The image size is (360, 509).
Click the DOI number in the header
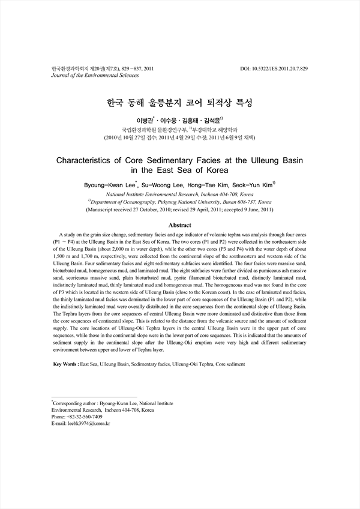point(283,69)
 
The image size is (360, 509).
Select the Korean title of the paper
point(179,103)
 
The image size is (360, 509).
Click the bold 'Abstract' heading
point(179,224)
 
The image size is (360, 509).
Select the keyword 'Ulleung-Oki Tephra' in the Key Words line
point(196,364)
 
